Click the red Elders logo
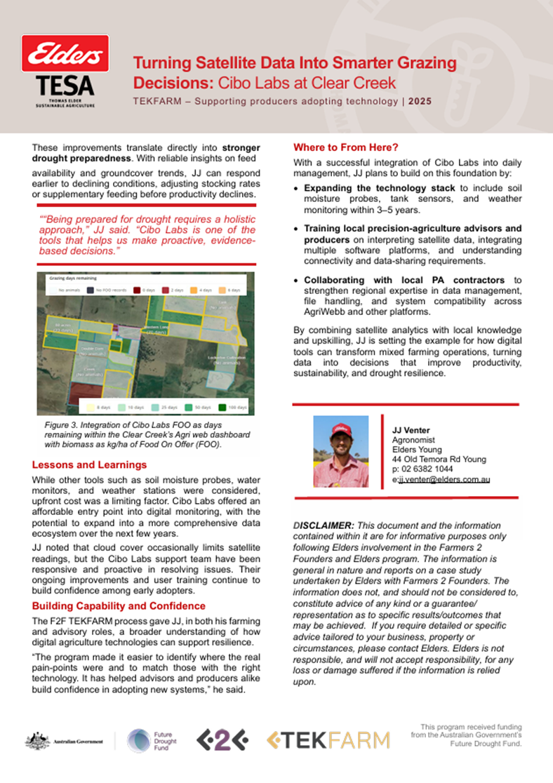(x=65, y=53)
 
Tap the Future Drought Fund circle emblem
(x=138, y=739)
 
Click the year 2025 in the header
(x=419, y=101)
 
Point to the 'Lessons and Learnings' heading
(x=90, y=464)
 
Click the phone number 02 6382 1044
(x=427, y=469)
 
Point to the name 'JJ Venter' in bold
(x=411, y=429)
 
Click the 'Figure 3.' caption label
(x=60, y=425)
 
